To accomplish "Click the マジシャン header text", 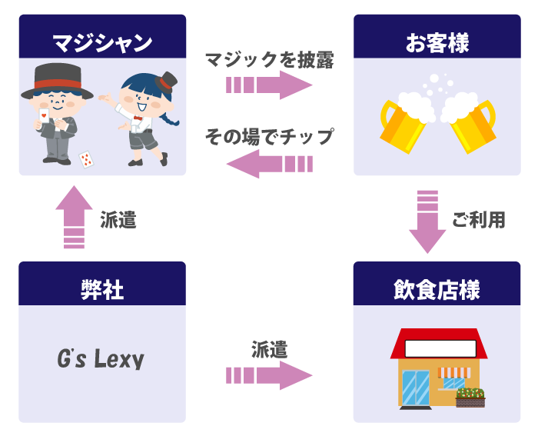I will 102,42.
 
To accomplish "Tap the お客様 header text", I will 437,42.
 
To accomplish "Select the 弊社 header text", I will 102,289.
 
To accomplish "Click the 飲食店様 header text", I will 437,290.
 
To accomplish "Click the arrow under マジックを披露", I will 270,85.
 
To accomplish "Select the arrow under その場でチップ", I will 270,163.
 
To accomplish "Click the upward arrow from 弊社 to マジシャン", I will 74,218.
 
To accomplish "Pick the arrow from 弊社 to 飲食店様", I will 270,375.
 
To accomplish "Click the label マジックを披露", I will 269,60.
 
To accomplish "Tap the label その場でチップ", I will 269,137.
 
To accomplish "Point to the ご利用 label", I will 478,220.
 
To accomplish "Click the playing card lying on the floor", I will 86,159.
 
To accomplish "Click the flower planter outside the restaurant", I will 470,397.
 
